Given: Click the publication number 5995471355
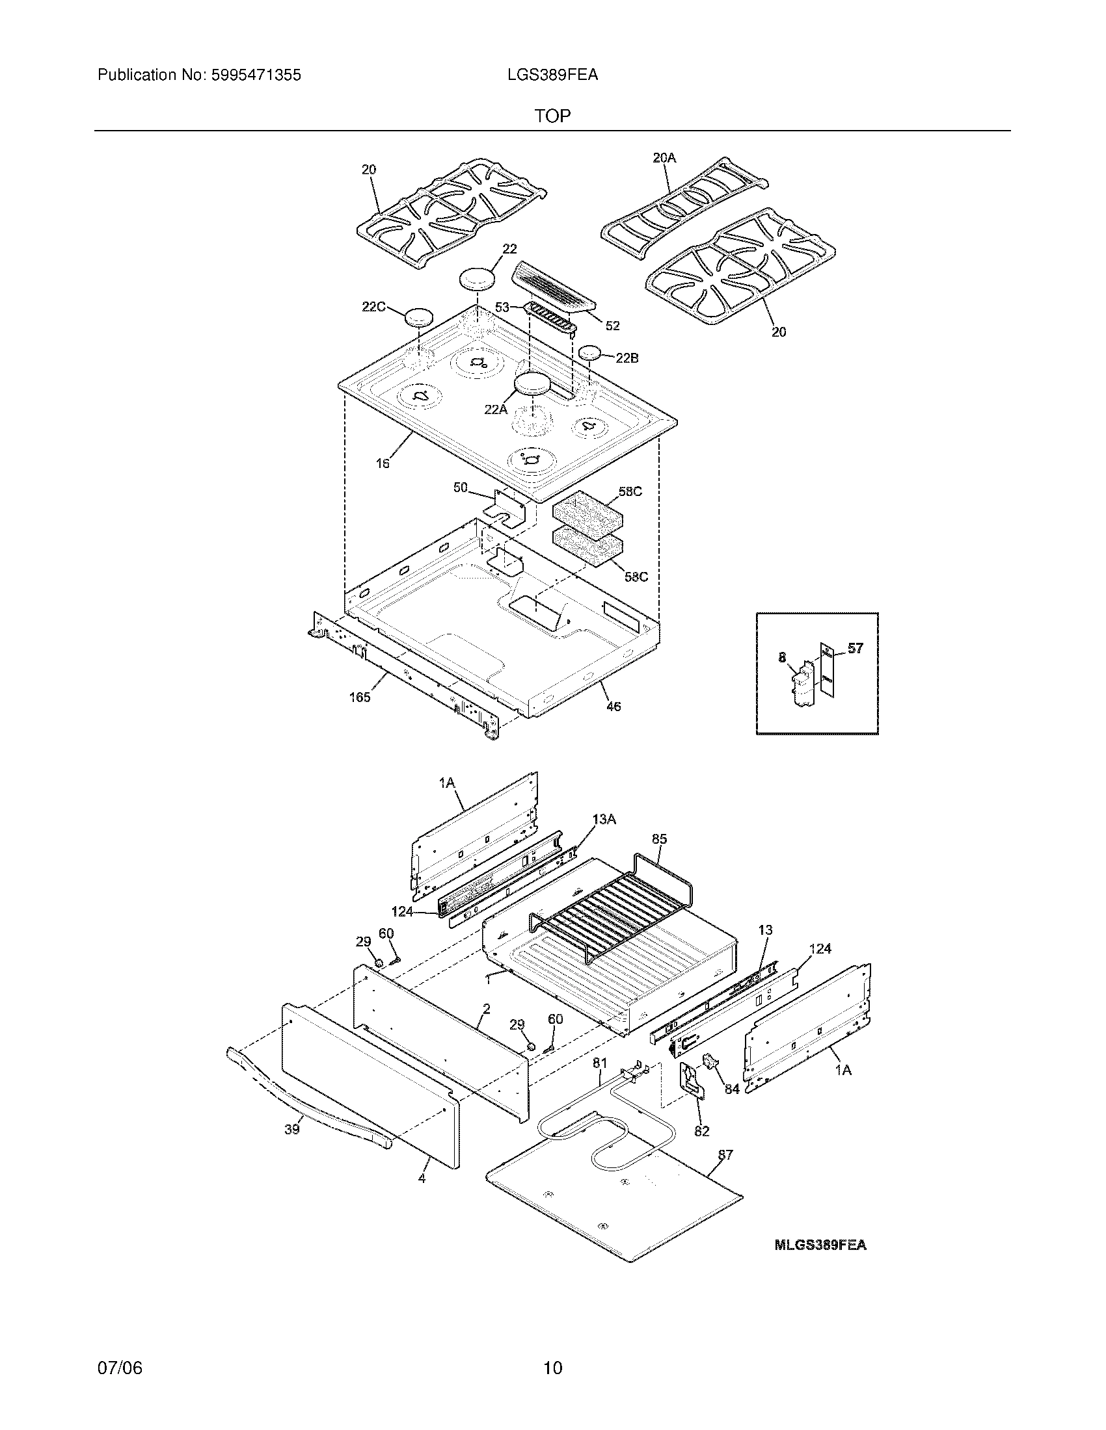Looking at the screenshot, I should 256,75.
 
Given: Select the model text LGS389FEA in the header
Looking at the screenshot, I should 552,75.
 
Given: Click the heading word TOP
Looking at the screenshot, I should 552,116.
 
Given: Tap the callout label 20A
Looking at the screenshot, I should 664,157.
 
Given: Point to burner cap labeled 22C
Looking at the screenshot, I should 419,318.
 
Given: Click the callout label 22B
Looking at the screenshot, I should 627,358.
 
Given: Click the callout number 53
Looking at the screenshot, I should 502,306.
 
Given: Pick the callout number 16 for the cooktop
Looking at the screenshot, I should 383,463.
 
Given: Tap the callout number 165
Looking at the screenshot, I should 360,697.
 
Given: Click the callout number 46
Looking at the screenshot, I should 614,707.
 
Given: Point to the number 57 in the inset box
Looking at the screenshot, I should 855,648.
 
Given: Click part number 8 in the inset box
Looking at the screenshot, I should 781,658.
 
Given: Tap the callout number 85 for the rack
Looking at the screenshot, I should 659,838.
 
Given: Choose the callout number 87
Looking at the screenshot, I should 725,1155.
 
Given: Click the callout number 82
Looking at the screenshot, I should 701,1132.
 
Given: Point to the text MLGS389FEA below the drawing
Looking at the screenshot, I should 820,1245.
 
